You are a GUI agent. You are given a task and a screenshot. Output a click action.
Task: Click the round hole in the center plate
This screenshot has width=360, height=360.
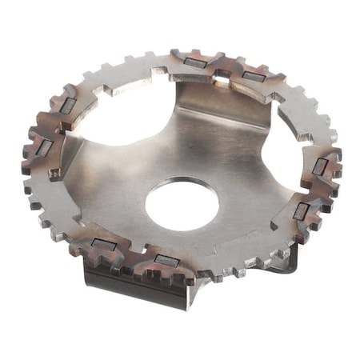pyautogui.click(x=182, y=203)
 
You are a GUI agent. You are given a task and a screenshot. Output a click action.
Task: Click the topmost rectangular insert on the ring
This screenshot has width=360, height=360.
pyautogui.click(x=194, y=62)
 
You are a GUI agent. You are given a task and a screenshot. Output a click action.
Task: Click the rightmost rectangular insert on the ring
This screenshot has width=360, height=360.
pyautogui.click(x=320, y=166)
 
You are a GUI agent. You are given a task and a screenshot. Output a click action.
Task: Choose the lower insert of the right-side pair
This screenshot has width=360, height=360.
pyautogui.click(x=301, y=211)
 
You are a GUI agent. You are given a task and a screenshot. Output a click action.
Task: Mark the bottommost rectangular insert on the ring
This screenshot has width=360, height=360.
pyautogui.click(x=166, y=261)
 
